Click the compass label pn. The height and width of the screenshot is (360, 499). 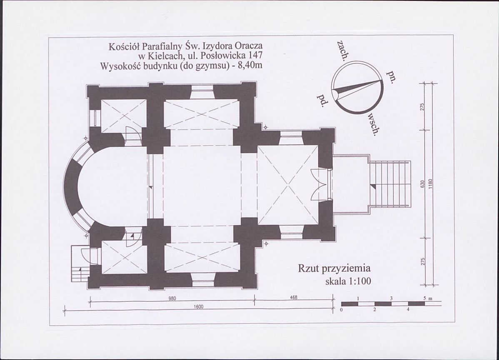pyautogui.click(x=390, y=76)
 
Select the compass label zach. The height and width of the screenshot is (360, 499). pyautogui.click(x=342, y=50)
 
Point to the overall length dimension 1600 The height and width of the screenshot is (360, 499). pyautogui.click(x=198, y=307)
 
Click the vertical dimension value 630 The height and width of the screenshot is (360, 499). pyautogui.click(x=423, y=184)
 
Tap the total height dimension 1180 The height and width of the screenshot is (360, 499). pyautogui.click(x=430, y=184)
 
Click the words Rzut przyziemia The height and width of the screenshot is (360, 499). pyautogui.click(x=334, y=269)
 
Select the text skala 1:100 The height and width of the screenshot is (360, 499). pyautogui.click(x=348, y=281)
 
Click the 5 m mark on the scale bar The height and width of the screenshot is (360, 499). pyautogui.click(x=427, y=299)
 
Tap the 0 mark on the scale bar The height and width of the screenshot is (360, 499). pyautogui.click(x=342, y=310)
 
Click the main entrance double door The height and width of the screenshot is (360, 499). pyautogui.click(x=318, y=185)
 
